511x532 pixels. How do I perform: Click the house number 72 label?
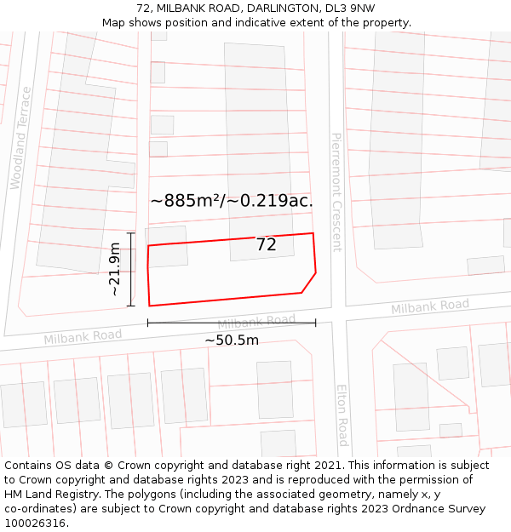(x=267, y=244)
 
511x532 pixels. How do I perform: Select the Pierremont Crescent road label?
(x=336, y=192)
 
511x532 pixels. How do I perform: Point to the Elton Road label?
(x=342, y=415)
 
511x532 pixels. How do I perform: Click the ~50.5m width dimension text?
(x=232, y=340)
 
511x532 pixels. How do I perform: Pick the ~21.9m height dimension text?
(x=114, y=269)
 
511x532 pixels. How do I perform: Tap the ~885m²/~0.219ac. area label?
(x=232, y=201)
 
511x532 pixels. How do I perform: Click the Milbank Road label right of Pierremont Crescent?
(x=430, y=306)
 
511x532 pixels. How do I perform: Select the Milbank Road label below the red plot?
(x=256, y=322)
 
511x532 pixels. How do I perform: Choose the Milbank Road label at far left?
(x=83, y=337)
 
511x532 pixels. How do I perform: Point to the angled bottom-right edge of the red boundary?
(x=309, y=283)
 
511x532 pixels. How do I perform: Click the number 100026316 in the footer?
(x=37, y=523)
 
